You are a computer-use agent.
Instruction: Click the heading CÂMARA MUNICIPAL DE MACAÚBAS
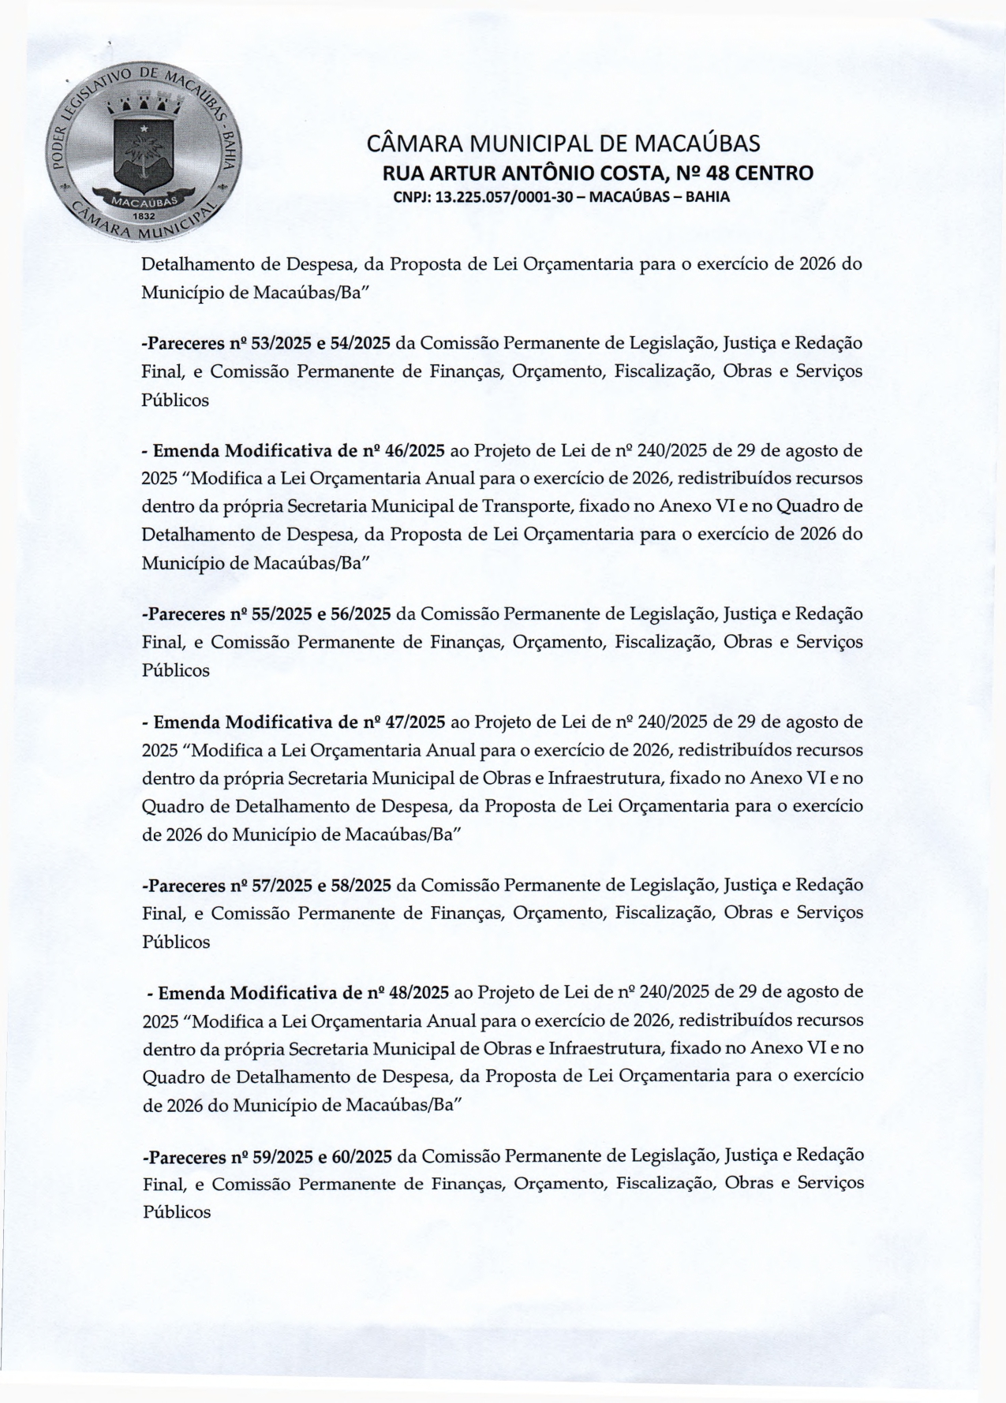point(563,144)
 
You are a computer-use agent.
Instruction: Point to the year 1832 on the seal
point(142,214)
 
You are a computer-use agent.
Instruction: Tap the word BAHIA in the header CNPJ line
point(708,197)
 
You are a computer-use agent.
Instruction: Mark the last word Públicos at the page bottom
point(176,1212)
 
